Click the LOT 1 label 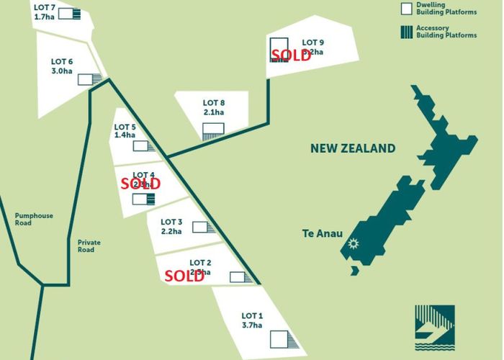point(253,316)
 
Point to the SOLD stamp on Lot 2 point(184,275)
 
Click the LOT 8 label point(215,102)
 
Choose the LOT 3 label point(171,222)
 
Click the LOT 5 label point(125,127)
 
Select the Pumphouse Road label point(34,220)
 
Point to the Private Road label point(89,246)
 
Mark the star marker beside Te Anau point(353,243)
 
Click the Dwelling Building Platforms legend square point(406,8)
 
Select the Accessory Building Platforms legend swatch point(406,31)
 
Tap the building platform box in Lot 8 point(213,130)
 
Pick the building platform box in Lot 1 point(279,339)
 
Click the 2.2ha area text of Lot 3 point(171,231)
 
